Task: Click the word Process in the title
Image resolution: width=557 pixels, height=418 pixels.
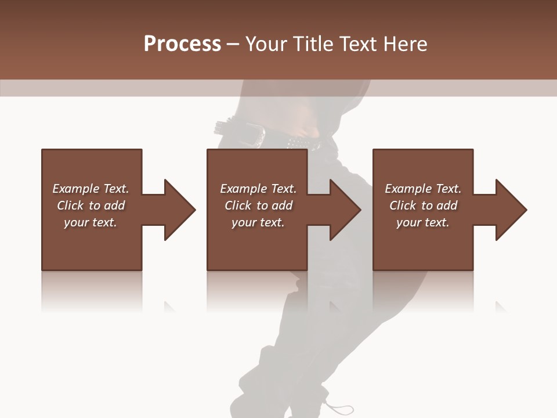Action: pyautogui.click(x=182, y=44)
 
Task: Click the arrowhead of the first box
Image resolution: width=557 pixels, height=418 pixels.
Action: pyautogui.click(x=178, y=210)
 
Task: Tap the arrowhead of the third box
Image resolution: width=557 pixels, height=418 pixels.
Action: pyautogui.click(x=509, y=210)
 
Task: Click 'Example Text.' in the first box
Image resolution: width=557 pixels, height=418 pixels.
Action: pyautogui.click(x=91, y=189)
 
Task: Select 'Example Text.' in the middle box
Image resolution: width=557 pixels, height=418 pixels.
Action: pyautogui.click(x=258, y=189)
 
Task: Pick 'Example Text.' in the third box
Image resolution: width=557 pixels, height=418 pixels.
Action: pyautogui.click(x=423, y=189)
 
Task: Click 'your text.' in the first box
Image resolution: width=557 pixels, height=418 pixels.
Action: pyautogui.click(x=91, y=222)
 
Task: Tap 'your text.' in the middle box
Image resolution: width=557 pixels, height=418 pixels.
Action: pyautogui.click(x=258, y=222)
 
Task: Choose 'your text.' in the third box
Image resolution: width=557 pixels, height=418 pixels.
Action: pyautogui.click(x=423, y=222)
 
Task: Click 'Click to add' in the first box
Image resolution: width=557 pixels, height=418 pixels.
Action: pyautogui.click(x=91, y=206)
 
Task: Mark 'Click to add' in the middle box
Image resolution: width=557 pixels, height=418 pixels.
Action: pyautogui.click(x=258, y=206)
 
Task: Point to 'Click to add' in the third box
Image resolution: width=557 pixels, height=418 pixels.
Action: pyautogui.click(x=423, y=206)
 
